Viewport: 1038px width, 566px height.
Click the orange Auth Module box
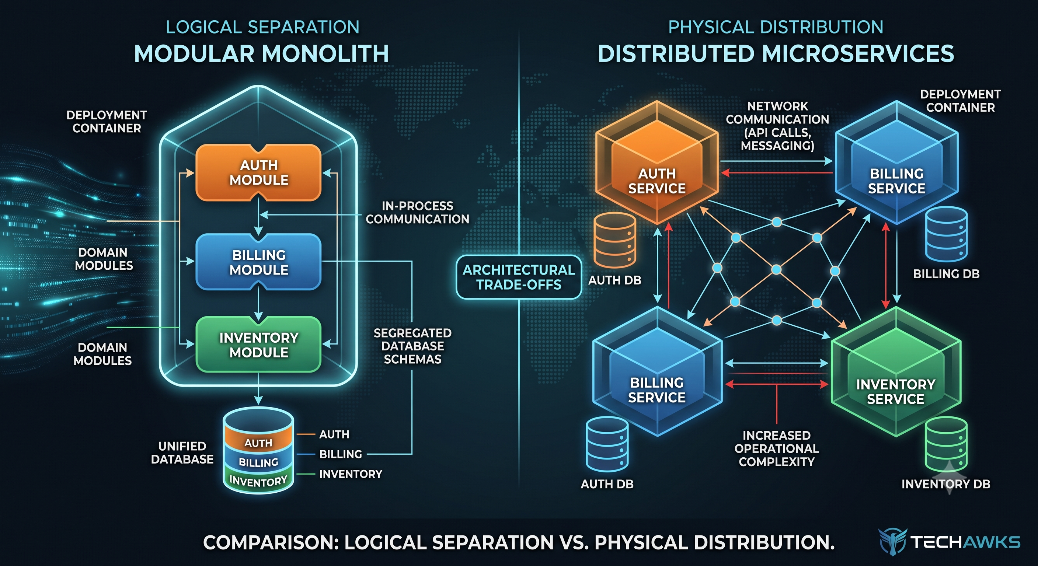258,172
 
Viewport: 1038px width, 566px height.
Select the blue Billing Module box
258,262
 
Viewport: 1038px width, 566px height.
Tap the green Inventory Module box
258,345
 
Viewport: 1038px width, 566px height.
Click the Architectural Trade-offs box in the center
519,277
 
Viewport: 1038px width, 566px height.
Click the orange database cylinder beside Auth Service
615,240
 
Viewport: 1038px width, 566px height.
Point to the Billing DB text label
946,274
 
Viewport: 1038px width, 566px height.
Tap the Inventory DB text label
946,484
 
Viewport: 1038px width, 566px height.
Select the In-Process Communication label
418,212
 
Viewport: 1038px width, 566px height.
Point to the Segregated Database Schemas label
412,346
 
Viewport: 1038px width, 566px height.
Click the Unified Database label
182,453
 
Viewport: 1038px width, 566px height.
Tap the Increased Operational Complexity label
777,448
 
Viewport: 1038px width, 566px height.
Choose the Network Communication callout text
777,126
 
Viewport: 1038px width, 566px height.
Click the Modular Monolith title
261,53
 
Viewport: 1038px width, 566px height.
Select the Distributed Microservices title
776,53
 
